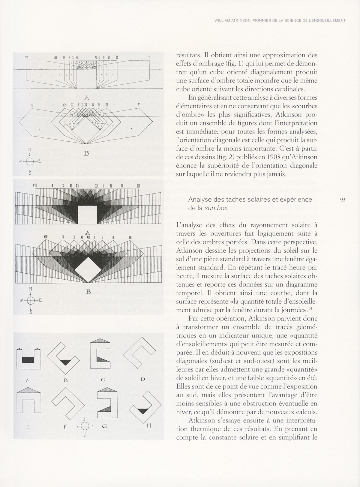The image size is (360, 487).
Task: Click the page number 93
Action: point(343,200)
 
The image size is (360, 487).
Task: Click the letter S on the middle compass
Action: point(30,312)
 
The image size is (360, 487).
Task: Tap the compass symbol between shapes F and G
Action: point(85,425)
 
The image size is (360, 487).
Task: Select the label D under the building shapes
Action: point(143,379)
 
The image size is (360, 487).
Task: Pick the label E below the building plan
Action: point(28,426)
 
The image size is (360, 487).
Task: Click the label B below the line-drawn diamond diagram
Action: point(87,153)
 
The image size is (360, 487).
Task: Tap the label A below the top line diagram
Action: point(87,98)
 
